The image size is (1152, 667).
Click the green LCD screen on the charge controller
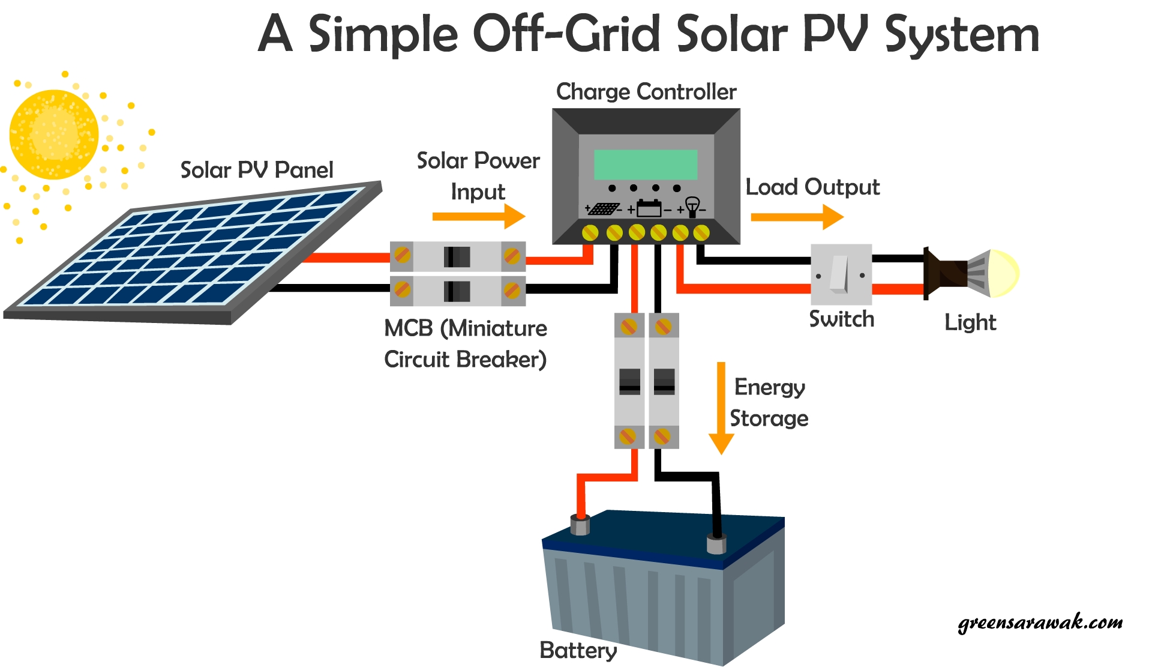click(x=646, y=164)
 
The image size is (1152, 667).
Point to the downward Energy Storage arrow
click(x=721, y=408)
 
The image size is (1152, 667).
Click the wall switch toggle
click(x=839, y=274)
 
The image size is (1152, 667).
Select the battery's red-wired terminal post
click(x=580, y=525)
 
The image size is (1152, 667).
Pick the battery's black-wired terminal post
click(x=716, y=543)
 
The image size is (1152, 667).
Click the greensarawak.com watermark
click(x=1040, y=623)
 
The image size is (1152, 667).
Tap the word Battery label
click(x=578, y=650)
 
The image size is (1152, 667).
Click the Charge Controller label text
click(x=646, y=92)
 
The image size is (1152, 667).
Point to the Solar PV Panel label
click(x=256, y=170)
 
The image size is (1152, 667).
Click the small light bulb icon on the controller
click(x=692, y=207)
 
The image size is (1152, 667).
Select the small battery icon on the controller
click(x=649, y=208)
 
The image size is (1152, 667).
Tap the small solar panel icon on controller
click(x=603, y=209)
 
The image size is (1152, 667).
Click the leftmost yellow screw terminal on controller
click(x=590, y=232)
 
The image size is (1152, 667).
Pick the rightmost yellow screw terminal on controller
click(x=701, y=232)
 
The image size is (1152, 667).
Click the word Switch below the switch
click(x=841, y=319)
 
